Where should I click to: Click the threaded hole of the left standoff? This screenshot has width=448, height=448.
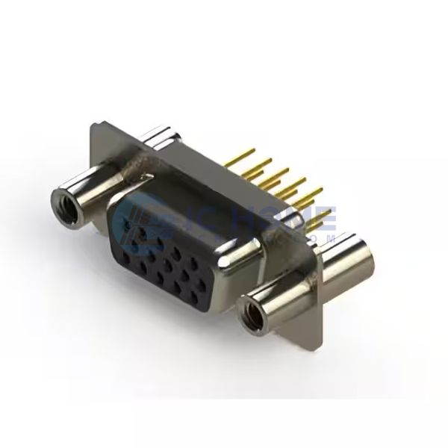click(x=60, y=199)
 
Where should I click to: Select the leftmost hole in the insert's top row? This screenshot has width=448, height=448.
click(x=128, y=217)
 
